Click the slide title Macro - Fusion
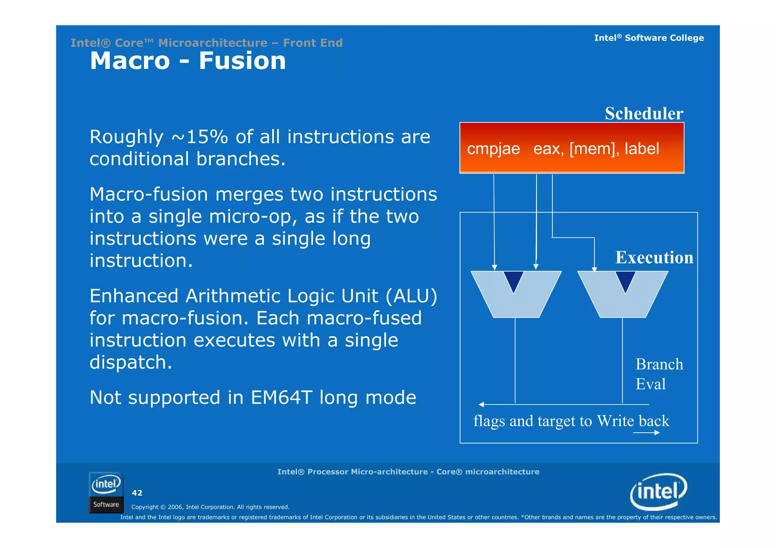click(188, 61)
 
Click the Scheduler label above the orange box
click(644, 114)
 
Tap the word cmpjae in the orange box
click(493, 149)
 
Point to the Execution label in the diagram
click(654, 258)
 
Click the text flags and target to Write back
click(571, 421)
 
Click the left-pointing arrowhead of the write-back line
click(481, 404)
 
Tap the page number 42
click(137, 493)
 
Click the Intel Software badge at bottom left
click(106, 492)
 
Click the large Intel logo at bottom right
click(658, 492)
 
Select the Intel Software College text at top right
click(649, 38)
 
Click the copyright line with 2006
click(210, 507)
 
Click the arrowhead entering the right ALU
click(594, 270)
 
